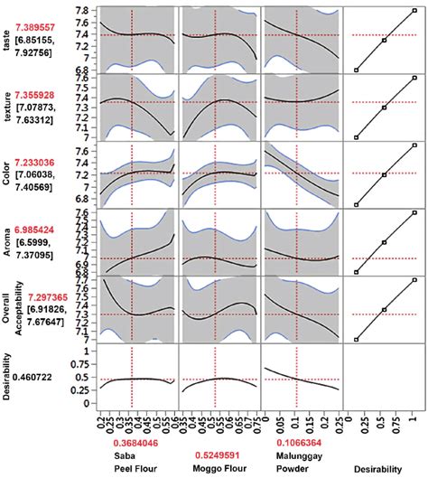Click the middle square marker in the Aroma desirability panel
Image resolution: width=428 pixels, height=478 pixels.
(x=385, y=242)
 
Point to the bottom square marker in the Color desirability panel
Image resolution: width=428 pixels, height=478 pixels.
(x=356, y=205)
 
